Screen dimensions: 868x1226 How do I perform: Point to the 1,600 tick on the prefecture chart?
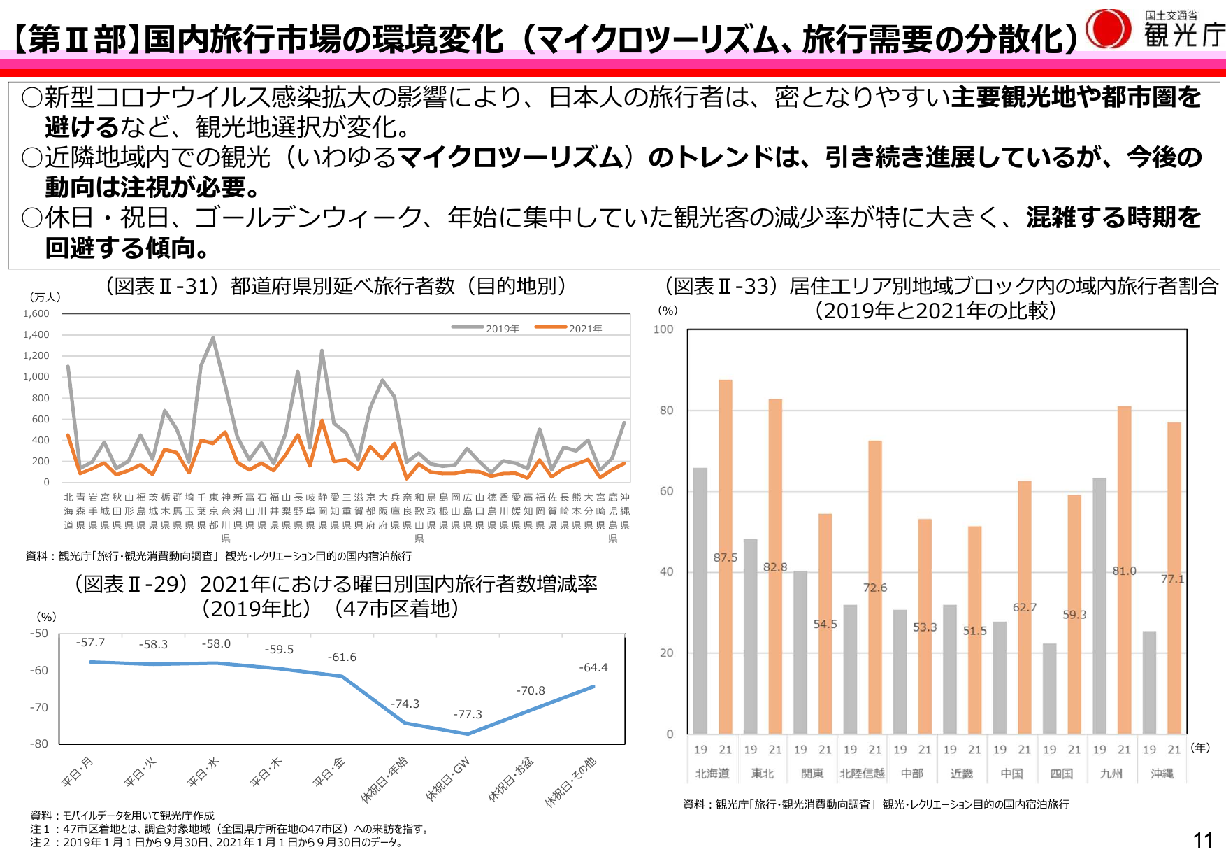pyautogui.click(x=36, y=314)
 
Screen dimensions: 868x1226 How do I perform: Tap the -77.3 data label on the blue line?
pyautogui.click(x=468, y=714)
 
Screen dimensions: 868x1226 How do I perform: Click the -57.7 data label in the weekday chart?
pyautogui.click(x=90, y=642)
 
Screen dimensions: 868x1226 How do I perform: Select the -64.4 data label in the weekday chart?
pyautogui.click(x=593, y=667)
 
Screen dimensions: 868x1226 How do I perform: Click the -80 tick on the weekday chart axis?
pyautogui.click(x=39, y=744)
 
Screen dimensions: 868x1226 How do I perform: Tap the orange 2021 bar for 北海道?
pyautogui.click(x=726, y=556)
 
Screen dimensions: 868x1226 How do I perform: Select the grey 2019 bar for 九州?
pyautogui.click(x=1099, y=605)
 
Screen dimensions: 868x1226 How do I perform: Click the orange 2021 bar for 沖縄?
pyautogui.click(x=1174, y=577)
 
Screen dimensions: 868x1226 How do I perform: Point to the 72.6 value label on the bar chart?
pyautogui.click(x=874, y=588)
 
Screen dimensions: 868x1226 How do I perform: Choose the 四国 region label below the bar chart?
pyautogui.click(x=1062, y=774)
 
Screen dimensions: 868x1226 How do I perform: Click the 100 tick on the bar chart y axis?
pyautogui.click(x=663, y=329)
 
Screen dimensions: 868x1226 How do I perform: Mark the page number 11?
pyautogui.click(x=1202, y=840)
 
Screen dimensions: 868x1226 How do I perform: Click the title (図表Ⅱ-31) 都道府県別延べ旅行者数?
pyautogui.click(x=335, y=286)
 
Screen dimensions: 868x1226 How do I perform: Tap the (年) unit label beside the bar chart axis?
pyautogui.click(x=1200, y=747)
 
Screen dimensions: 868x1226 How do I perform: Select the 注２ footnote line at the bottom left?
pyautogui.click(x=216, y=842)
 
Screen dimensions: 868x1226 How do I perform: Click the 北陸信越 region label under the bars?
pyautogui.click(x=862, y=774)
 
